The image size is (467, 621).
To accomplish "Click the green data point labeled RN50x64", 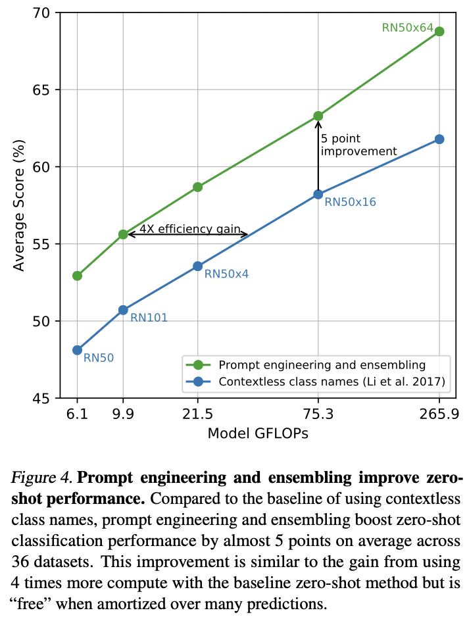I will click(x=439, y=32).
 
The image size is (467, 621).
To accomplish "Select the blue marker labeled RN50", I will click(x=78, y=350).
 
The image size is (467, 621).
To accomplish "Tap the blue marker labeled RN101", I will click(x=122, y=309).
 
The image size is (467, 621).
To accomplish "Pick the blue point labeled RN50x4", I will click(x=197, y=266).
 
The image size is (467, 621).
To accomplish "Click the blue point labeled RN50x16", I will click(x=318, y=194).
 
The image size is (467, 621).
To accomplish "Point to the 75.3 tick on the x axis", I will click(x=318, y=415).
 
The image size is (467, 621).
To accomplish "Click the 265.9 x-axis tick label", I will click(x=439, y=415).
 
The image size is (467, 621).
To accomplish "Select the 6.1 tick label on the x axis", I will click(x=78, y=415).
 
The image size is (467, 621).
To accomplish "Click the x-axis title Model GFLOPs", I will click(x=258, y=434).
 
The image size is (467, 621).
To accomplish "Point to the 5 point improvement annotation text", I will click(x=358, y=145).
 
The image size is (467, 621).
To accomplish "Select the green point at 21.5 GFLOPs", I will click(x=197, y=187).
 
